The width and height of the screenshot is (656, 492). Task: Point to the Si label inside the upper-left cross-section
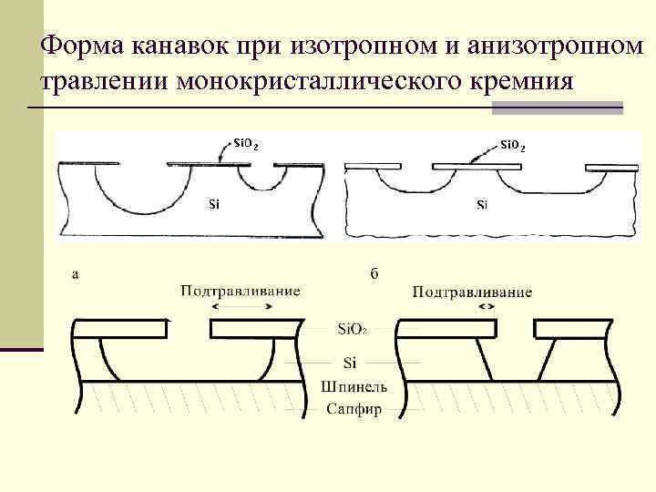[214, 204]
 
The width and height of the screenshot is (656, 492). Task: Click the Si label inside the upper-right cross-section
[482, 204]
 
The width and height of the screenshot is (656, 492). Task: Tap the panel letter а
[74, 272]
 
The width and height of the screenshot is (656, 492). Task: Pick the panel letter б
[374, 273]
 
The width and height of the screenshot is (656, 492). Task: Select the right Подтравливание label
[472, 292]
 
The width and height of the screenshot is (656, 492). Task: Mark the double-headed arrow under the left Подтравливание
[242, 308]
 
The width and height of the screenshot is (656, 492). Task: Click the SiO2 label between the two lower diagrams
[354, 329]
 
